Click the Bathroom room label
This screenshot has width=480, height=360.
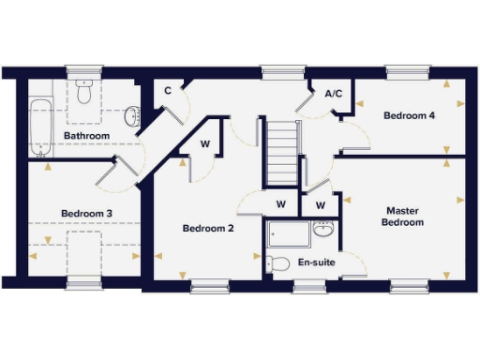pos(86,137)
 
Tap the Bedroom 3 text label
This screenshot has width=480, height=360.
pos(87,214)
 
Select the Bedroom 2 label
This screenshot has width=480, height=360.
pos(207,228)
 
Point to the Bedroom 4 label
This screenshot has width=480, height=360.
pos(409,115)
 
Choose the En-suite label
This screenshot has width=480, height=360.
pos(316,262)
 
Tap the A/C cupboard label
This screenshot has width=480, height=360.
pos(332,95)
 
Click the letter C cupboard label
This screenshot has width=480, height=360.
pos(168,91)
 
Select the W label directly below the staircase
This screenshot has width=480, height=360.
pos(280,204)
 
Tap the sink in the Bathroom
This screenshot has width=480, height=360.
pos(133,116)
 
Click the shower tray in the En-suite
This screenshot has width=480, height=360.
pos(288,234)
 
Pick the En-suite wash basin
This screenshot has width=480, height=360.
pos(323,229)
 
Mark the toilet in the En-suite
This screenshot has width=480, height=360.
pos(276,263)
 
